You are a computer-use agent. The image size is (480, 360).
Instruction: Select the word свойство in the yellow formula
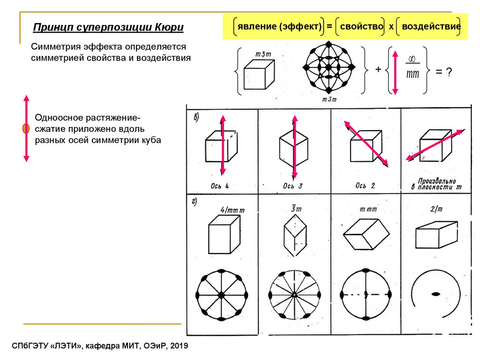pos(361,27)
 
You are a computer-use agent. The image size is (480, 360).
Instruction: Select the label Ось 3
pos(292,186)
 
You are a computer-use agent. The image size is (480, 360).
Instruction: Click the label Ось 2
pos(365,186)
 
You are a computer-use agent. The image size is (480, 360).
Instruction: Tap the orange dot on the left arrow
pos(26,128)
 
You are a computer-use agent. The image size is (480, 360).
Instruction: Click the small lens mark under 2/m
pos(435,294)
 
